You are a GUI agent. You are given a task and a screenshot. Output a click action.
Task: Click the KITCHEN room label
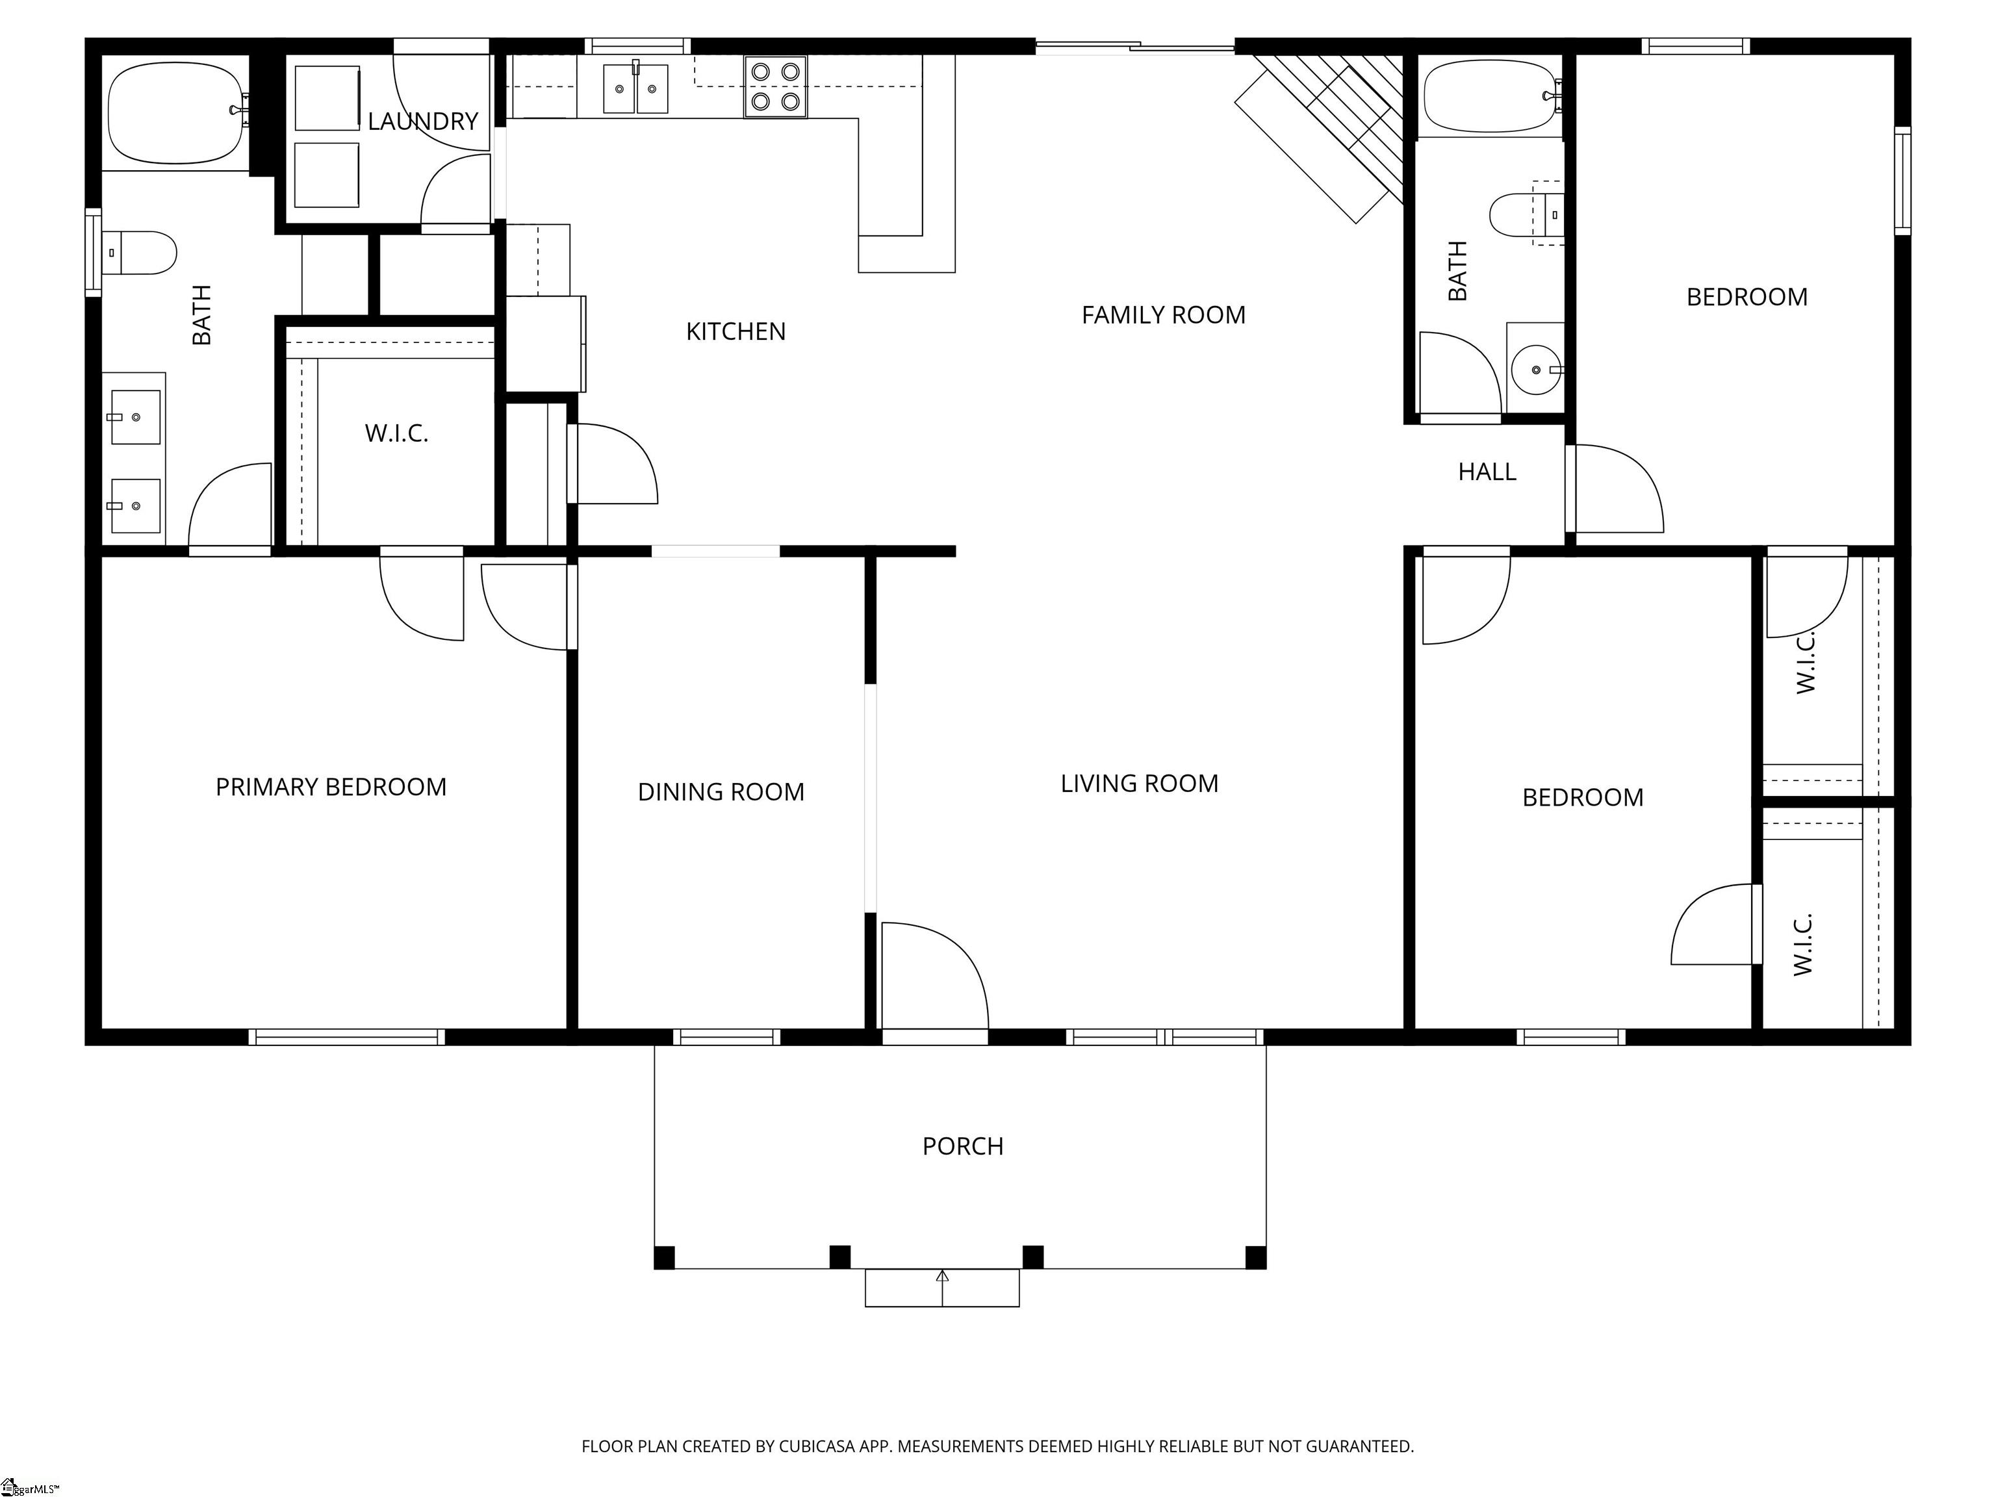tap(736, 332)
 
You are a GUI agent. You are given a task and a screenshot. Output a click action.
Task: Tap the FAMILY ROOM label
tap(1163, 315)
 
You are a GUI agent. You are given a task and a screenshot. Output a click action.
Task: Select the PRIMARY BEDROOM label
tap(330, 787)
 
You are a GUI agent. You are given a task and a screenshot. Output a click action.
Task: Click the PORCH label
tap(963, 1146)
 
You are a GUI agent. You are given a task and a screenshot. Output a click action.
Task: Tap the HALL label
tap(1487, 472)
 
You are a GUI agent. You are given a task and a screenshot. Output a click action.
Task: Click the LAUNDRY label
tap(422, 121)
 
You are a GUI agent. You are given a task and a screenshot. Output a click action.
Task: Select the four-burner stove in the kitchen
tap(775, 86)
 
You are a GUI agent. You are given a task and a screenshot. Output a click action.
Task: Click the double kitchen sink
tap(635, 88)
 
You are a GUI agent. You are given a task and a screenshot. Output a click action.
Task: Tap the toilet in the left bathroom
tap(139, 253)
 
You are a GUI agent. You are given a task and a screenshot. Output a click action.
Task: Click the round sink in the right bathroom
tap(1536, 370)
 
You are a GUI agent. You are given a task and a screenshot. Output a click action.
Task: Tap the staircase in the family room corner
tap(1321, 135)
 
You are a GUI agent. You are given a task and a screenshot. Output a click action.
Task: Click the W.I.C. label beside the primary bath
tap(396, 434)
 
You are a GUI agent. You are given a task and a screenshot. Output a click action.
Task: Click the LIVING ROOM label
tap(1139, 783)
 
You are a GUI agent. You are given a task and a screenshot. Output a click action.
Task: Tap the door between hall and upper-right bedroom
tap(1615, 488)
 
